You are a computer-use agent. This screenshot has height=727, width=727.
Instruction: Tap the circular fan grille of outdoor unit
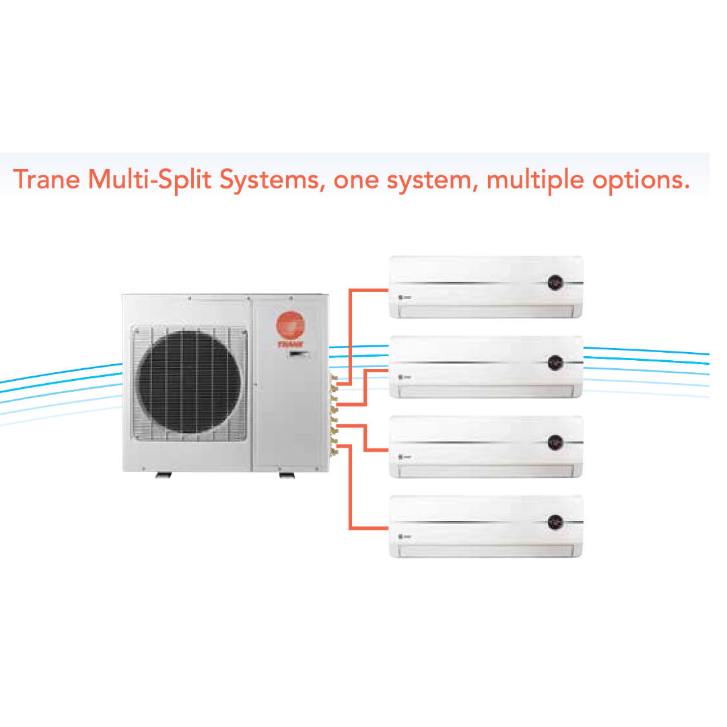tap(188, 382)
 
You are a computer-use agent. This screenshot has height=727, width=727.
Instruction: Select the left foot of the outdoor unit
tap(164, 475)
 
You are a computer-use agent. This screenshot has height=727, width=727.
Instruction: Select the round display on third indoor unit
tap(555, 442)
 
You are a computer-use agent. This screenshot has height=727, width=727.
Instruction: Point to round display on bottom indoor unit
tap(555, 522)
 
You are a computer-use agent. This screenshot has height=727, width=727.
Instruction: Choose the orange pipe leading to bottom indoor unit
tap(351, 498)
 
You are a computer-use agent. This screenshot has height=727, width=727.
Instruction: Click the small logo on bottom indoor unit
tap(403, 536)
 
